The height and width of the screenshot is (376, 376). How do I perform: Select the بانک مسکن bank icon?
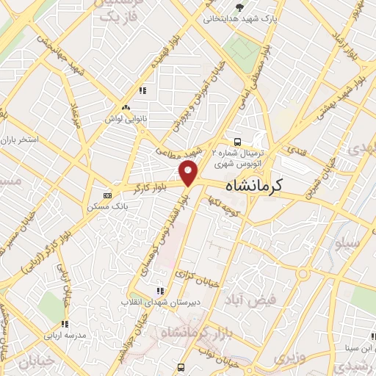[x=108, y=195]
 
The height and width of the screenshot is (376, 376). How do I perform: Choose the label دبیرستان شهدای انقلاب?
[x=161, y=303]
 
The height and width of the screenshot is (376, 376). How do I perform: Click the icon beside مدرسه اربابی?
[x=65, y=324]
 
